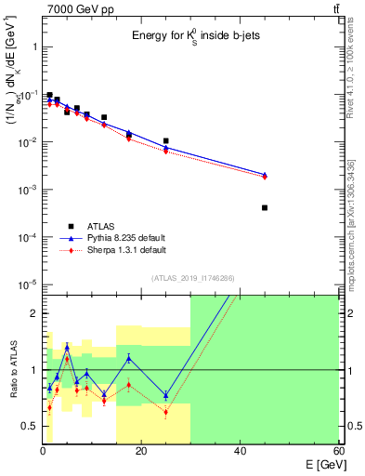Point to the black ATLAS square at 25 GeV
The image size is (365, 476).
click(x=165, y=141)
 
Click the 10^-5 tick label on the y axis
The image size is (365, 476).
click(x=28, y=284)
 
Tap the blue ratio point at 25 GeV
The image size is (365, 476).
click(x=165, y=395)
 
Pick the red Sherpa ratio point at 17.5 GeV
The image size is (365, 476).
click(x=129, y=384)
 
